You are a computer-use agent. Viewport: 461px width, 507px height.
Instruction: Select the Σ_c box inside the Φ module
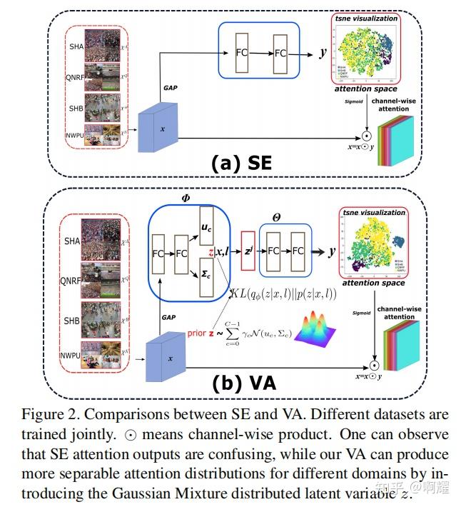click(x=207, y=274)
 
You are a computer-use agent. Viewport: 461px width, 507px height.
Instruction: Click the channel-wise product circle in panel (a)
click(x=365, y=134)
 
